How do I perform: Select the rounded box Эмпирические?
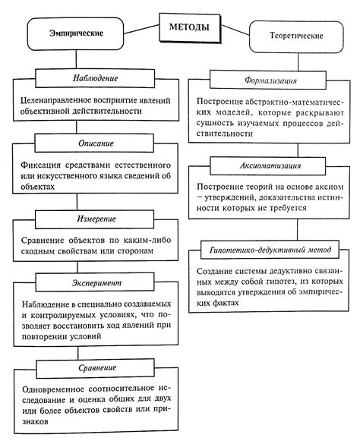pos(75,34)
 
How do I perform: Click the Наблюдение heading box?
pos(96,79)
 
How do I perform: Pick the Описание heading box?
pos(96,143)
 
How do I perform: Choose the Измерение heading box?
pos(96,217)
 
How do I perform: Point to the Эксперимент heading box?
pos(96,282)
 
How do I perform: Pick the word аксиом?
pos(333,186)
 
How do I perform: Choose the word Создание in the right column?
pos(215,271)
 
